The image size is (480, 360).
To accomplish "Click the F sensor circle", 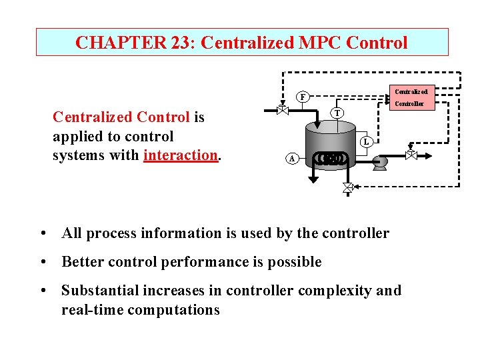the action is click(x=303, y=97).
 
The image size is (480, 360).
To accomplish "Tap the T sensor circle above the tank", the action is click(x=338, y=113).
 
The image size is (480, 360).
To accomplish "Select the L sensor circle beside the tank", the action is click(x=366, y=142).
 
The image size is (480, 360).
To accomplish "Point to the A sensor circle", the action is click(x=291, y=159).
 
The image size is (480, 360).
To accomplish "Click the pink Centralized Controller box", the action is click(x=410, y=97).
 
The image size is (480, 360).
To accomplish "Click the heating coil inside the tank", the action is click(x=331, y=159).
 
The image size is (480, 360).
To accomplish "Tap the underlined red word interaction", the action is click(x=180, y=155).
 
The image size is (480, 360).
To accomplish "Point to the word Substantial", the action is click(x=97, y=291).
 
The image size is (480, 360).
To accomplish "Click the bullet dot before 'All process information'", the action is click(x=43, y=233).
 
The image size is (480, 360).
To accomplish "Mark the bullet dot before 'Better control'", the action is click(x=43, y=262).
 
